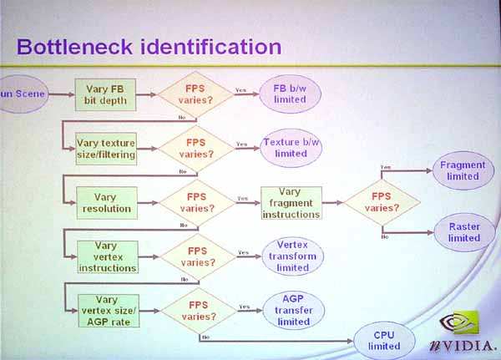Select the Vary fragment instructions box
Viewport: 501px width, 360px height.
(x=291, y=202)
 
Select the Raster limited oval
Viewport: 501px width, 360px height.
(x=463, y=231)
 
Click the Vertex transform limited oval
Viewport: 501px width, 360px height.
(x=292, y=256)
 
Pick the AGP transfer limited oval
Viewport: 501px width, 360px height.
(x=292, y=309)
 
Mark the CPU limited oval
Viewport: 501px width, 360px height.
(x=384, y=341)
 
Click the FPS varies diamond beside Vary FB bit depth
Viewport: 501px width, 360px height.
(x=197, y=94)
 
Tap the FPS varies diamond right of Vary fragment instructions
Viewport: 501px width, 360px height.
(x=382, y=202)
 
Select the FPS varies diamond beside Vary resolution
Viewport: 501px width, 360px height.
(x=197, y=202)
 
